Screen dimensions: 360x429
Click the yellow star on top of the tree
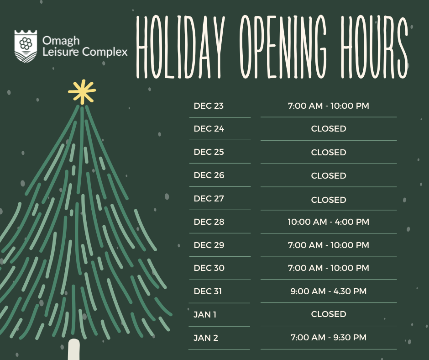pos(82,91)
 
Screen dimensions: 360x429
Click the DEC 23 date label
pos(209,106)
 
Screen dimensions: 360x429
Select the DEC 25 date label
pos(209,152)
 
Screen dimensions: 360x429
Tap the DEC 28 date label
pos(209,222)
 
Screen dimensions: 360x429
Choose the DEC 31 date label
pos(208,291)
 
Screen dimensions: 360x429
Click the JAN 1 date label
pos(205,314)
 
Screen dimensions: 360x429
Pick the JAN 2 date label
pos(205,338)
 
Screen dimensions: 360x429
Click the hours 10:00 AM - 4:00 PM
pos(328,222)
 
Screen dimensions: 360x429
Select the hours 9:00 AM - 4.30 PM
pos(328,291)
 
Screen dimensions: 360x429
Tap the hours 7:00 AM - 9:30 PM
pos(328,338)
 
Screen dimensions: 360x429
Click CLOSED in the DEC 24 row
pos(328,129)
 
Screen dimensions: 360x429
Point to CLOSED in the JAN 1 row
pos(328,314)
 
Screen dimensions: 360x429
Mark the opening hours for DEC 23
pos(328,106)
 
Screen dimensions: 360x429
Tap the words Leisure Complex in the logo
pos(84,52)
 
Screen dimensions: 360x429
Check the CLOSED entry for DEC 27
pos(328,200)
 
